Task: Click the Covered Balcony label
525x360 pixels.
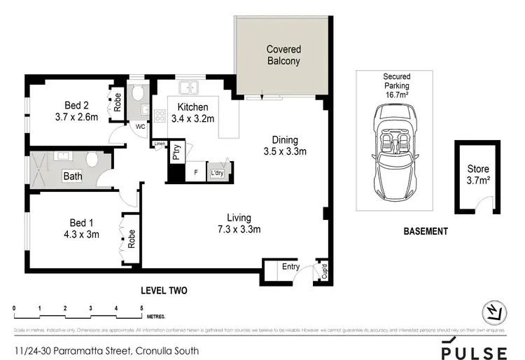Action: click(283, 55)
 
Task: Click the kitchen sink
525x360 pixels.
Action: click(189, 88)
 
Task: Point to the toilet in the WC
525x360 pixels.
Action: click(139, 94)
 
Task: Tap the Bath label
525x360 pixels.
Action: click(73, 176)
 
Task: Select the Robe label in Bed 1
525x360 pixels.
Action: click(131, 238)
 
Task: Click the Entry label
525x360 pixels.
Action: click(290, 266)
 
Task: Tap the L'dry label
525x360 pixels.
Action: click(217, 172)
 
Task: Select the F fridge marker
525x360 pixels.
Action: click(195, 172)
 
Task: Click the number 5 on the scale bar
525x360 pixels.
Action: click(141, 308)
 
